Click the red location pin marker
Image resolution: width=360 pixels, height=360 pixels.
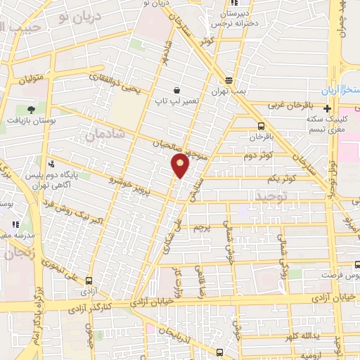pos(180,165)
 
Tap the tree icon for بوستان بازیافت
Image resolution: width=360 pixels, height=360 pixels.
pos(31,109)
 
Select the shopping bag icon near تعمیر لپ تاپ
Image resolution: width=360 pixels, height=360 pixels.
pos(176,91)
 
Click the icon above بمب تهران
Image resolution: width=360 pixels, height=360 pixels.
pos(229,80)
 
